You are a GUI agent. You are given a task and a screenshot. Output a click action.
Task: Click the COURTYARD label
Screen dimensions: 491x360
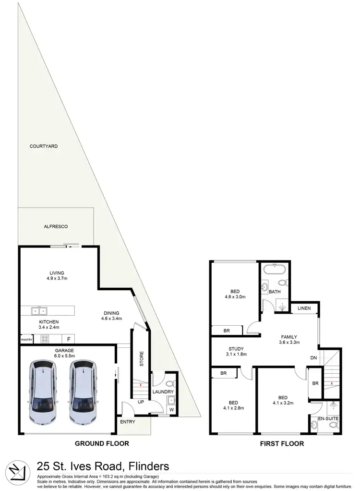[x=44, y=146]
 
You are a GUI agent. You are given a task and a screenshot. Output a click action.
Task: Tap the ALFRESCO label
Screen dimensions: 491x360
[x=55, y=226]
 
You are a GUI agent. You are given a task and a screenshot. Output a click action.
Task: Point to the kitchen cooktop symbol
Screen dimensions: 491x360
[x=46, y=339]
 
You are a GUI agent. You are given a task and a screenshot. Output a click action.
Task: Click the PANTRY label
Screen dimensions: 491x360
[x=26, y=340]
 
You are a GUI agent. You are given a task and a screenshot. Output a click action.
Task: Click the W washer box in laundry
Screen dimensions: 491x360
[x=171, y=409]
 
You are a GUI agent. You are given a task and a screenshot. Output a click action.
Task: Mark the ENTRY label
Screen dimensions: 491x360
[x=128, y=422]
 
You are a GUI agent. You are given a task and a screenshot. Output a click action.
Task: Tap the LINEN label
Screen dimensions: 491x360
[x=305, y=308]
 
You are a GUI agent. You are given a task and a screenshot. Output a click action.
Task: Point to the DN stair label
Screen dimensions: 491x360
[x=314, y=357]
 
